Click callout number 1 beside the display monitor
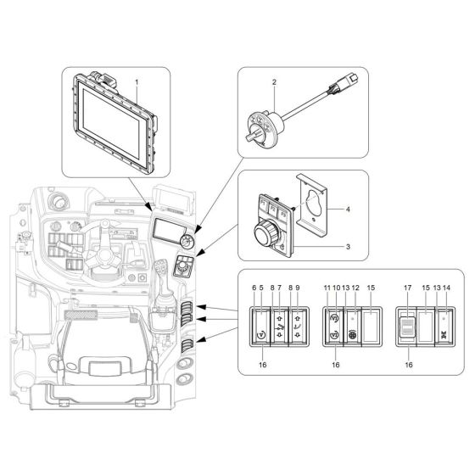point(136,81)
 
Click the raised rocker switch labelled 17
point(410,326)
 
